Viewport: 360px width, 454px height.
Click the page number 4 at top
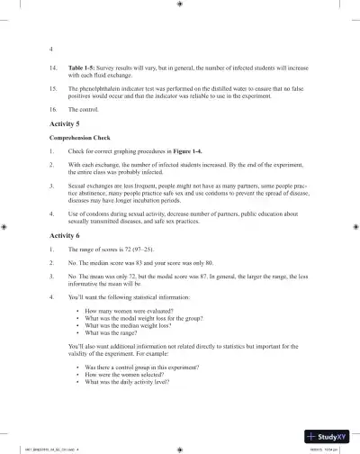click(50, 48)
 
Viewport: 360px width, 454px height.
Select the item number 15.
click(52, 88)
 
